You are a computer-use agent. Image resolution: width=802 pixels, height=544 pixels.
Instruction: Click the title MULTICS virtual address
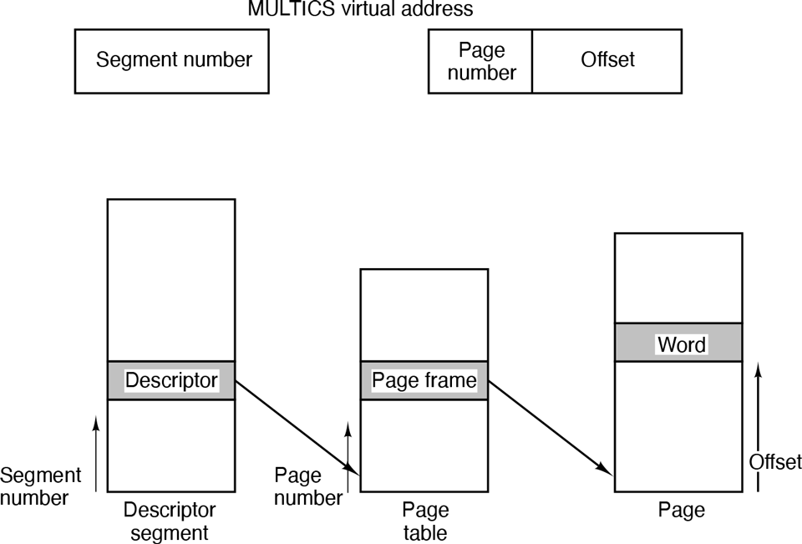click(360, 10)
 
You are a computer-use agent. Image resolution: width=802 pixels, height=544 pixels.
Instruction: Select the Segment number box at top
click(173, 61)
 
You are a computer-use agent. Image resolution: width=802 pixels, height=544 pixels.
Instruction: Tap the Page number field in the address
click(480, 61)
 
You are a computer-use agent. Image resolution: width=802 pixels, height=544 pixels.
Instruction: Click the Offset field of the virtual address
click(607, 61)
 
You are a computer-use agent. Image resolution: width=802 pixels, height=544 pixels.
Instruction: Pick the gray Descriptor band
click(171, 380)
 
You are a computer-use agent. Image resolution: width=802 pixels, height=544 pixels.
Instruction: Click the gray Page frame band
click(424, 380)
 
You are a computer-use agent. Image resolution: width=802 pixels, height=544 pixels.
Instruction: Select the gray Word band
click(678, 343)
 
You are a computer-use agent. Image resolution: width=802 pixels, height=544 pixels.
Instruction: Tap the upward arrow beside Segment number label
click(96, 455)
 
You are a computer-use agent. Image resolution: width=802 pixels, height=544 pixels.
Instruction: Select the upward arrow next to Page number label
click(348, 455)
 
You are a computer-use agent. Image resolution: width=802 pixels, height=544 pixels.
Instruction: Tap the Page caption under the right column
click(682, 510)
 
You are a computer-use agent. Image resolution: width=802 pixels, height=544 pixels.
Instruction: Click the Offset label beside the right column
click(774, 462)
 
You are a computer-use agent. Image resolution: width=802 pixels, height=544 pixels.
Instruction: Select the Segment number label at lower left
click(40, 487)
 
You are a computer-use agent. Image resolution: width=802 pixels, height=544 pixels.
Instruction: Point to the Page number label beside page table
click(307, 487)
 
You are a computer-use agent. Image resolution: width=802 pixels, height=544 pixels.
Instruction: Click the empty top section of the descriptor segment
click(171, 280)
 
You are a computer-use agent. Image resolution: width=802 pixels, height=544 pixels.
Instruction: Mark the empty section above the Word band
click(678, 277)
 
